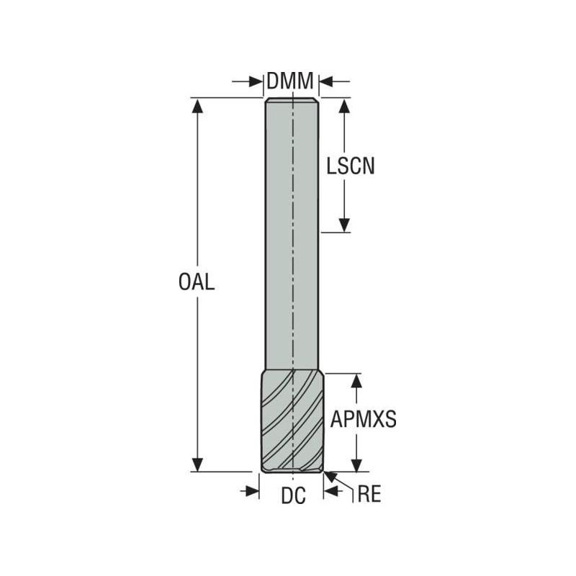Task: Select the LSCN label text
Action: tap(351, 166)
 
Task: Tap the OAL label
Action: tap(197, 282)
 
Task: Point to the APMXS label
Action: tap(364, 420)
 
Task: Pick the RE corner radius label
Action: tap(369, 495)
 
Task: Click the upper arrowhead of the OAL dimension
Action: tap(197, 104)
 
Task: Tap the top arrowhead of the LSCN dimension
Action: tap(345, 105)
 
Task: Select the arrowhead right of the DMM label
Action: tap(325, 82)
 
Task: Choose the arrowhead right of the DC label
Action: tap(331, 491)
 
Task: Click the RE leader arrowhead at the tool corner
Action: tap(328, 475)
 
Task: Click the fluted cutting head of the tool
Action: tap(292, 421)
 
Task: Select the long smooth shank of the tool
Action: tap(292, 238)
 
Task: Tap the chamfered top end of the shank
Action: tap(292, 99)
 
